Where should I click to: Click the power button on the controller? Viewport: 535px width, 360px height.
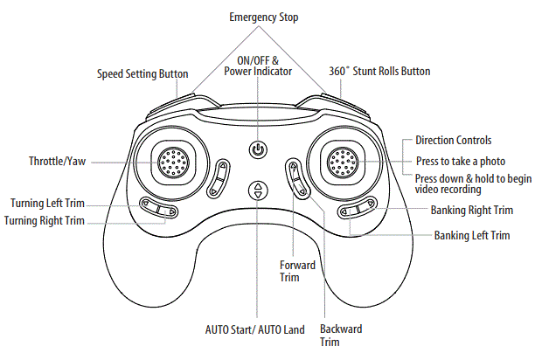pos(256,149)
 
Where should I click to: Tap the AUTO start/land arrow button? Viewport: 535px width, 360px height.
pos(256,190)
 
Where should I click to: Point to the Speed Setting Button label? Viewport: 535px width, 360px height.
pos(142,74)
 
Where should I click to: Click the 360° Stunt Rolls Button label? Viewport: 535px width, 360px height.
pos(379,71)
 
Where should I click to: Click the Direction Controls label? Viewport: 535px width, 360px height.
pos(453,140)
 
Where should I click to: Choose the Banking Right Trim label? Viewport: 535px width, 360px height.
pos(471,211)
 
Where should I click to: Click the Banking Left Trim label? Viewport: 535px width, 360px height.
pos(472,236)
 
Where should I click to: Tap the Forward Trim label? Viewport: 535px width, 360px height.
pos(290,271)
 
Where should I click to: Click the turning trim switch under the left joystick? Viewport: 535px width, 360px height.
pos(158,207)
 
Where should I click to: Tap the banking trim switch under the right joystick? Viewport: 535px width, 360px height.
pos(358,210)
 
